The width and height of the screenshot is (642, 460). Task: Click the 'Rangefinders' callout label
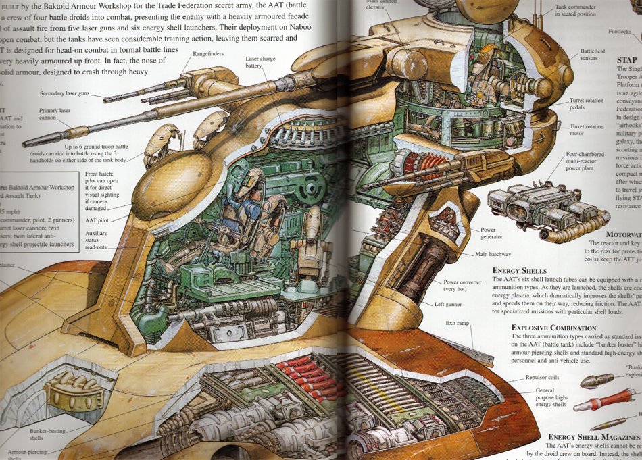click(209, 53)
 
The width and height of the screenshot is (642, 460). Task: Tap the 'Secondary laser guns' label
click(64, 93)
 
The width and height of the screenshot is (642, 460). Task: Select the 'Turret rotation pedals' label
click(586, 104)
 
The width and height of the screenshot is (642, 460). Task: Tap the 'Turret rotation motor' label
click(586, 130)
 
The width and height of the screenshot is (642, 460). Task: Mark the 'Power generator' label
click(491, 234)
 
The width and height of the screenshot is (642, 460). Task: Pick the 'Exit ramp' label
click(458, 324)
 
